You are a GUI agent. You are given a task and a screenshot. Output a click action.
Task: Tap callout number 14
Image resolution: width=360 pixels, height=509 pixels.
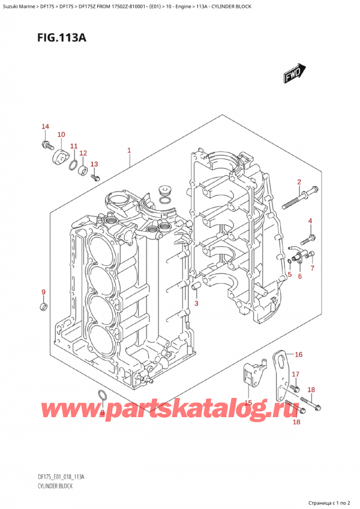click(x=44, y=126)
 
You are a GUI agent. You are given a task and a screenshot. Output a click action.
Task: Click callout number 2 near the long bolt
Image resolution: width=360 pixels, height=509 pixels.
click(x=299, y=181)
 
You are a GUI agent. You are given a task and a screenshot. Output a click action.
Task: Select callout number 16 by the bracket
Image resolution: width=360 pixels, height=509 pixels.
click(x=298, y=354)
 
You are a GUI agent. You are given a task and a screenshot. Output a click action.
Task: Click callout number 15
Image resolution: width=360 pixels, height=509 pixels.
click(x=248, y=402)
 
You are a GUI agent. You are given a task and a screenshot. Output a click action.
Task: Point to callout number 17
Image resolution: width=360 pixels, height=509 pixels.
click(x=295, y=375)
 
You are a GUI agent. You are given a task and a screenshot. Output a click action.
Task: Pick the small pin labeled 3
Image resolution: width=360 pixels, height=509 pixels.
click(x=196, y=292)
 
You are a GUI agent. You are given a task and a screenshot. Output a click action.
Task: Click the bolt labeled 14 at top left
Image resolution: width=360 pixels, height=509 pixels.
click(x=46, y=144)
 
